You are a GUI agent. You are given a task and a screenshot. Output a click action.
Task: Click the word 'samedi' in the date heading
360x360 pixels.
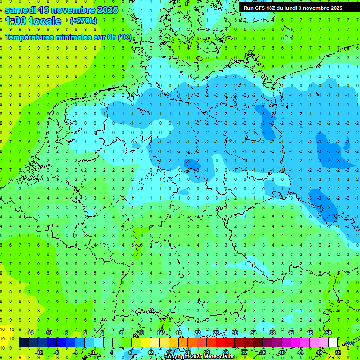point(20,10)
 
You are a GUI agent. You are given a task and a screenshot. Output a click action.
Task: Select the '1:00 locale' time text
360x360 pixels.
point(34,21)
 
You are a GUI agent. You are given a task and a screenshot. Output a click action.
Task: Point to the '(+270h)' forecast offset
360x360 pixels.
point(83,21)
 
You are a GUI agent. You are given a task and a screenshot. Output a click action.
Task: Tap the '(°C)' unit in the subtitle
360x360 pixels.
point(124,37)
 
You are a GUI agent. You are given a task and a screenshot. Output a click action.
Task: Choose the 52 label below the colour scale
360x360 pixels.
point(338,352)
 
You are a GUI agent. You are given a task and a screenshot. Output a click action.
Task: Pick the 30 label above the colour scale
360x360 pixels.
point(234,333)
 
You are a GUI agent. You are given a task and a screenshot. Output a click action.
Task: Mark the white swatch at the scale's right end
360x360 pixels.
point(333,343)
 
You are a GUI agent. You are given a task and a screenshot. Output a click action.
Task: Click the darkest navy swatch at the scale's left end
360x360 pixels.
point(23,343)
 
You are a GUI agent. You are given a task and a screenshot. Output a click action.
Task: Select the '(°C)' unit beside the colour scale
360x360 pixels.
point(349,343)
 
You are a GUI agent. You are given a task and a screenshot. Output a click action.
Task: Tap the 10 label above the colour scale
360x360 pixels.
point(141,333)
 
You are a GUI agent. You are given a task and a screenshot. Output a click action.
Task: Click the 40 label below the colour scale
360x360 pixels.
point(281,352)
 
